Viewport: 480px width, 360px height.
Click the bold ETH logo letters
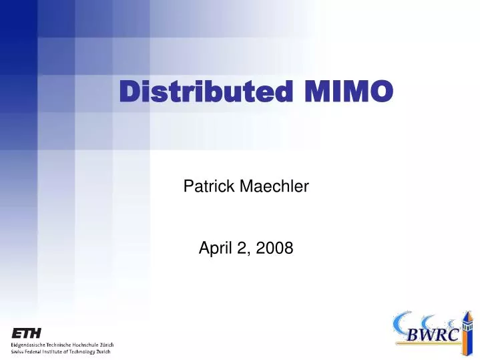point(26,333)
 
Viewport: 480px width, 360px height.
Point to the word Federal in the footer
point(37,351)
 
